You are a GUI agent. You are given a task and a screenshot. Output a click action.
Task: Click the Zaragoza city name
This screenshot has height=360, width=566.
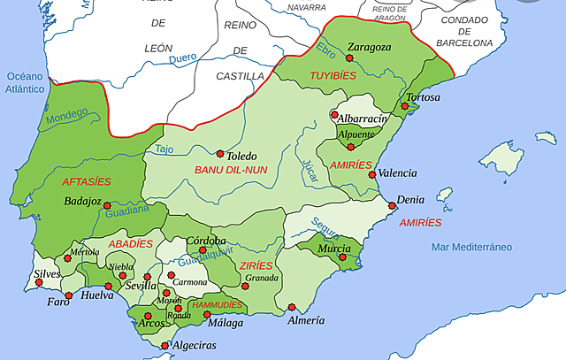[370, 47]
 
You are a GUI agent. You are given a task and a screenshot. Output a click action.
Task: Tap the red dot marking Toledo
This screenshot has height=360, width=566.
[219, 153]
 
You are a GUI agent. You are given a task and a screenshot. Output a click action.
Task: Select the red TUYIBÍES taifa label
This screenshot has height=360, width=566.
[333, 76]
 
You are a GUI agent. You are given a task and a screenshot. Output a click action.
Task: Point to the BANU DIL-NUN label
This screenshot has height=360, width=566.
[231, 168]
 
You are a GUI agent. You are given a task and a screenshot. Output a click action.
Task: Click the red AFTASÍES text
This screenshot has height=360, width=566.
[87, 181]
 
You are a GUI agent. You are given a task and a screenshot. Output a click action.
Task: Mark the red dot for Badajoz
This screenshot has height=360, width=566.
[108, 205]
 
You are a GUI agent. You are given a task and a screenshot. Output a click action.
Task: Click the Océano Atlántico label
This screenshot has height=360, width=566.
[26, 82]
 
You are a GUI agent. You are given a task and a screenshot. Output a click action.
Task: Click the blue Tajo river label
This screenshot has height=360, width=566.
[164, 149]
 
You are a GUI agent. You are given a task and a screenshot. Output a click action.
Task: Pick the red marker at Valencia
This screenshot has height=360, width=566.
[372, 174]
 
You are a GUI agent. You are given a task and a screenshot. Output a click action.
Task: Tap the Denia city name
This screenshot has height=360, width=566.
[410, 199]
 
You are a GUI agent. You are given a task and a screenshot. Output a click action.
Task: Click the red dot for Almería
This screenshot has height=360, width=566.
[292, 307]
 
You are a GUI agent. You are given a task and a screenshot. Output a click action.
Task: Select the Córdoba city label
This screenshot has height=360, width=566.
[206, 241]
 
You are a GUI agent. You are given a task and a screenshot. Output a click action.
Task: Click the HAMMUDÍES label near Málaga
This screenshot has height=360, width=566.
[217, 304]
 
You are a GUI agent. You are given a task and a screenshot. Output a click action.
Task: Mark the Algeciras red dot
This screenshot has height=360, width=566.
[165, 346]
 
